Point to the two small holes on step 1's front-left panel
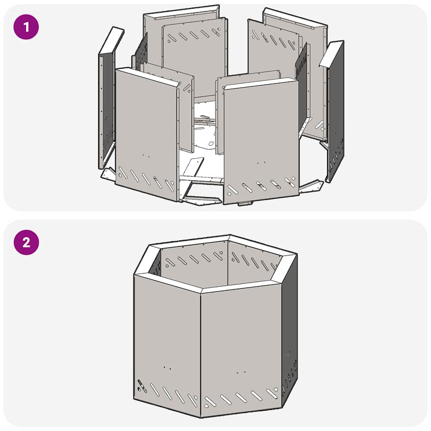(x=146, y=155)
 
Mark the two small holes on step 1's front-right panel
(x=261, y=162)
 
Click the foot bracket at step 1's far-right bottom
(x=311, y=186)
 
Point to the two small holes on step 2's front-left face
(x=167, y=368)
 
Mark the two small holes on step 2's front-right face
(x=241, y=373)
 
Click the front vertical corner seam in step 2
(x=200, y=354)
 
